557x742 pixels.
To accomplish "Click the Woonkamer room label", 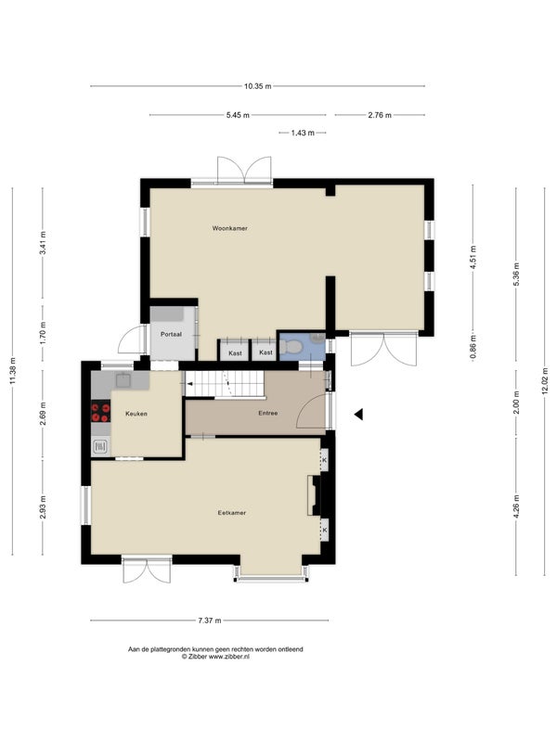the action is (229, 228).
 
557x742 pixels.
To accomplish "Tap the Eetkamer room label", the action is (231, 513).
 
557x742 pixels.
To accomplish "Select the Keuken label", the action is (136, 414).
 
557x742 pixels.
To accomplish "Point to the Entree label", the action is (267, 413).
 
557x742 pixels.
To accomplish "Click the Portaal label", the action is (171, 334).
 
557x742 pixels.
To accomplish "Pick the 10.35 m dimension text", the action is (258, 86).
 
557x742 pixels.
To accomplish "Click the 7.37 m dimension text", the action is (210, 620).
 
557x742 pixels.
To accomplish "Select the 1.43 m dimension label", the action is (303, 133).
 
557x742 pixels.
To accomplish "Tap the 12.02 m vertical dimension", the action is (545, 380).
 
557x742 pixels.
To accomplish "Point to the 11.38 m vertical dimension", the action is (13, 370).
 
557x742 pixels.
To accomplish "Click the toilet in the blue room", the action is (291, 347).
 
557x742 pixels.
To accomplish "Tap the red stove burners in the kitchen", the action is (100, 411).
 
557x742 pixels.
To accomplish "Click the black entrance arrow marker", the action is (359, 415).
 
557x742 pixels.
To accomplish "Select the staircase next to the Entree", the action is (224, 384).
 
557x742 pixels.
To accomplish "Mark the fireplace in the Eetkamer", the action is (314, 495).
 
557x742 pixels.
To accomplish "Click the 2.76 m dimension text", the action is (380, 115).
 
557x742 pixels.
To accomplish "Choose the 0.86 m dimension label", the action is (473, 347).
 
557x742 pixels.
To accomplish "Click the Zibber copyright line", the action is (215, 657).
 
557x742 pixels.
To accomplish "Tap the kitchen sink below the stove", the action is (100, 446).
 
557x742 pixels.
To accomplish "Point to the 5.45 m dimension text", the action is (238, 115).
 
